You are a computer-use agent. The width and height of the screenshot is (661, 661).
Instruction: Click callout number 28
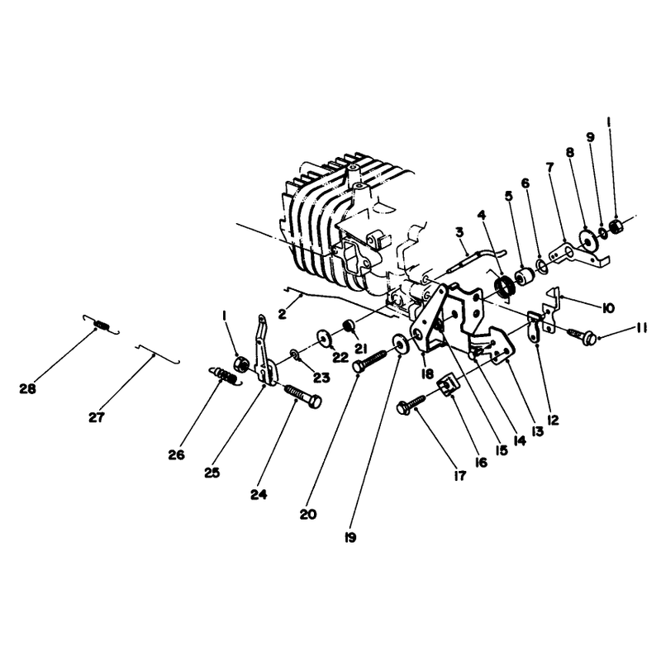tap(28, 388)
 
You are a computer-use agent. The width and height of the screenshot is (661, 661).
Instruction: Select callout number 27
tap(97, 417)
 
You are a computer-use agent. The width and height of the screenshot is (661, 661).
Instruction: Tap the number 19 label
tap(350, 538)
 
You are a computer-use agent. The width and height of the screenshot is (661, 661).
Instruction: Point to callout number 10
tap(607, 308)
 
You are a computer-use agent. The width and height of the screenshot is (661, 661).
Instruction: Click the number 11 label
tap(641, 327)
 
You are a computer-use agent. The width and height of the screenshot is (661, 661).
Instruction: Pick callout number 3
tap(459, 232)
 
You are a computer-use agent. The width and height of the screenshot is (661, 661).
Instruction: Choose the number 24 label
tap(259, 494)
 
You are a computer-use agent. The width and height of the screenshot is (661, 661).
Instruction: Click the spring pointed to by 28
tap(101, 324)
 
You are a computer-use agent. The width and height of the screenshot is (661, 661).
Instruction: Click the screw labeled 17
tap(411, 403)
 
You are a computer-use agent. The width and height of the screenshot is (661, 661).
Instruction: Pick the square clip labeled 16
tap(448, 384)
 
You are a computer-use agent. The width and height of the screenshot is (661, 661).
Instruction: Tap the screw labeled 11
tap(583, 336)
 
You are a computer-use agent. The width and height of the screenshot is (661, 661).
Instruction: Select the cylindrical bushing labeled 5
tap(525, 276)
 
